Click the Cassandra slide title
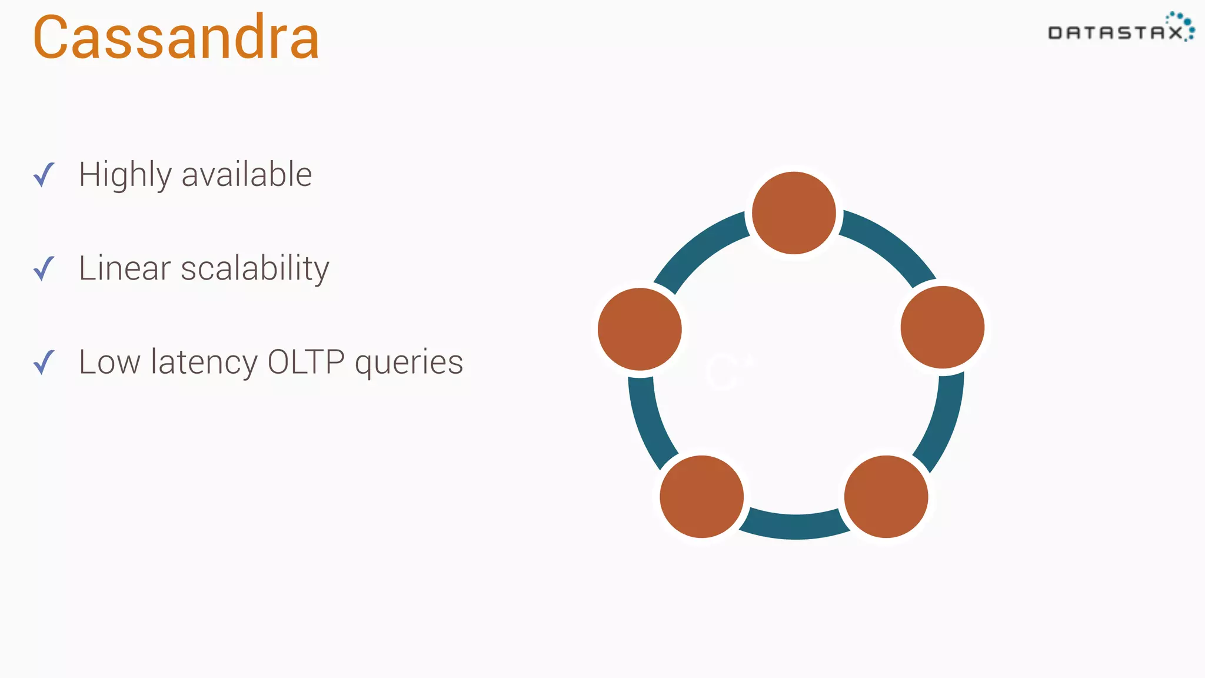coord(176,38)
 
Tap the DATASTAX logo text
coord(1115,32)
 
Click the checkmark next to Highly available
coord(44,175)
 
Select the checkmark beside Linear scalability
coord(44,268)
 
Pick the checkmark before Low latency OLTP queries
coord(44,362)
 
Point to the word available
coord(247,175)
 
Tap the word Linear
coord(125,268)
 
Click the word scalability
coord(255,268)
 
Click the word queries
coord(409,363)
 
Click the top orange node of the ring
coord(794,213)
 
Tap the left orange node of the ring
coord(640,329)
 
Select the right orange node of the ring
coord(942,327)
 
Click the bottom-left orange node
coord(701,496)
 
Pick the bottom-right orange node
coord(886,496)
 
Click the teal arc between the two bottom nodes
coord(794,526)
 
